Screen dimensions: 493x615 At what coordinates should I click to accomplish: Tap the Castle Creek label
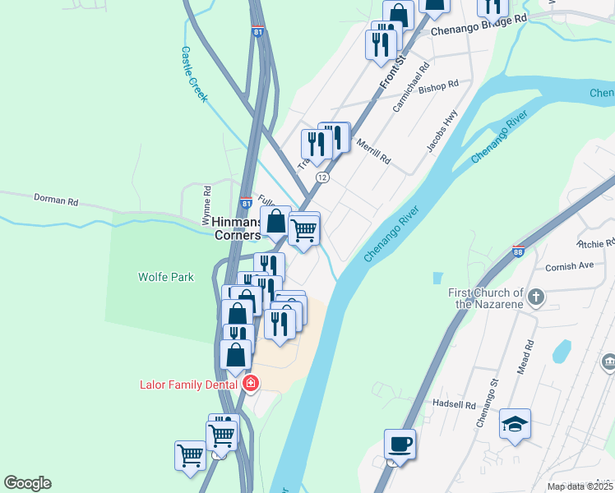point(194,73)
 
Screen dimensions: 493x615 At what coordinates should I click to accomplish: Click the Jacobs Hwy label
point(442,131)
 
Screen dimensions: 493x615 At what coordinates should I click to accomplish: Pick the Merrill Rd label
point(373,151)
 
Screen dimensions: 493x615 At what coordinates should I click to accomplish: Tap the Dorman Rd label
point(55,200)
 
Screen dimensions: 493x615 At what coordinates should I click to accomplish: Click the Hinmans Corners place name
point(237,228)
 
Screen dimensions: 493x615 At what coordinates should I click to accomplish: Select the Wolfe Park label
point(166,277)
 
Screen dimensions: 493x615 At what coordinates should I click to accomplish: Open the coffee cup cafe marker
point(400,445)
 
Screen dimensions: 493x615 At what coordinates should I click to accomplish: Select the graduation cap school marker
point(515,424)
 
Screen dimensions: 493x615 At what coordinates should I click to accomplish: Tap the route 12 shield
point(322,177)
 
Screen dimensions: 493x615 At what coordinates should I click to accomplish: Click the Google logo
point(27,483)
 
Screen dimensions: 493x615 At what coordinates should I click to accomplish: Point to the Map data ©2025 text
point(579,486)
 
